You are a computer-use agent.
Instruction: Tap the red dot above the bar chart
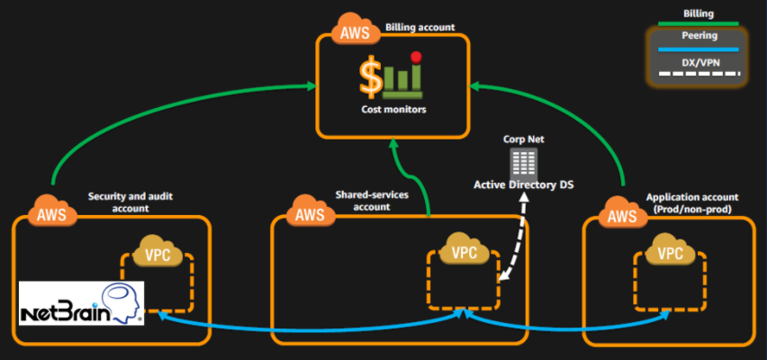(416, 58)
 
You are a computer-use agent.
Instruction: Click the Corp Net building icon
(522, 163)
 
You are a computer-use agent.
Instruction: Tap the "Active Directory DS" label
(522, 184)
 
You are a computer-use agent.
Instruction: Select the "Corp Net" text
(524, 140)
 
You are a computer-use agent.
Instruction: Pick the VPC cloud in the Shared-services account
(464, 253)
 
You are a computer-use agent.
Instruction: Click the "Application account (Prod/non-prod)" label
(691, 202)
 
